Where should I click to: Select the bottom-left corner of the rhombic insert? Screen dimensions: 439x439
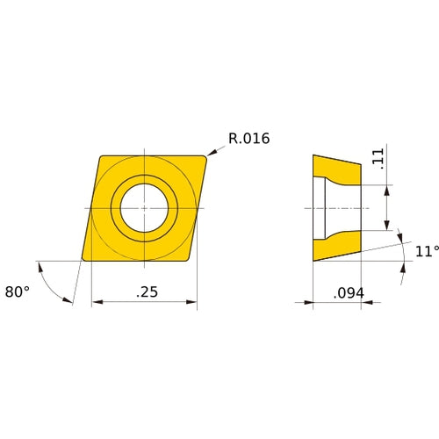coord(83,259)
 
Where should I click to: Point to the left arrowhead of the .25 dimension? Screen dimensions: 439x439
coord(96,302)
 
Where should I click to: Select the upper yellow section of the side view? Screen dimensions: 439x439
coord(337,169)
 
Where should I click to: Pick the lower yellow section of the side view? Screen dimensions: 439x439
coord(337,247)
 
